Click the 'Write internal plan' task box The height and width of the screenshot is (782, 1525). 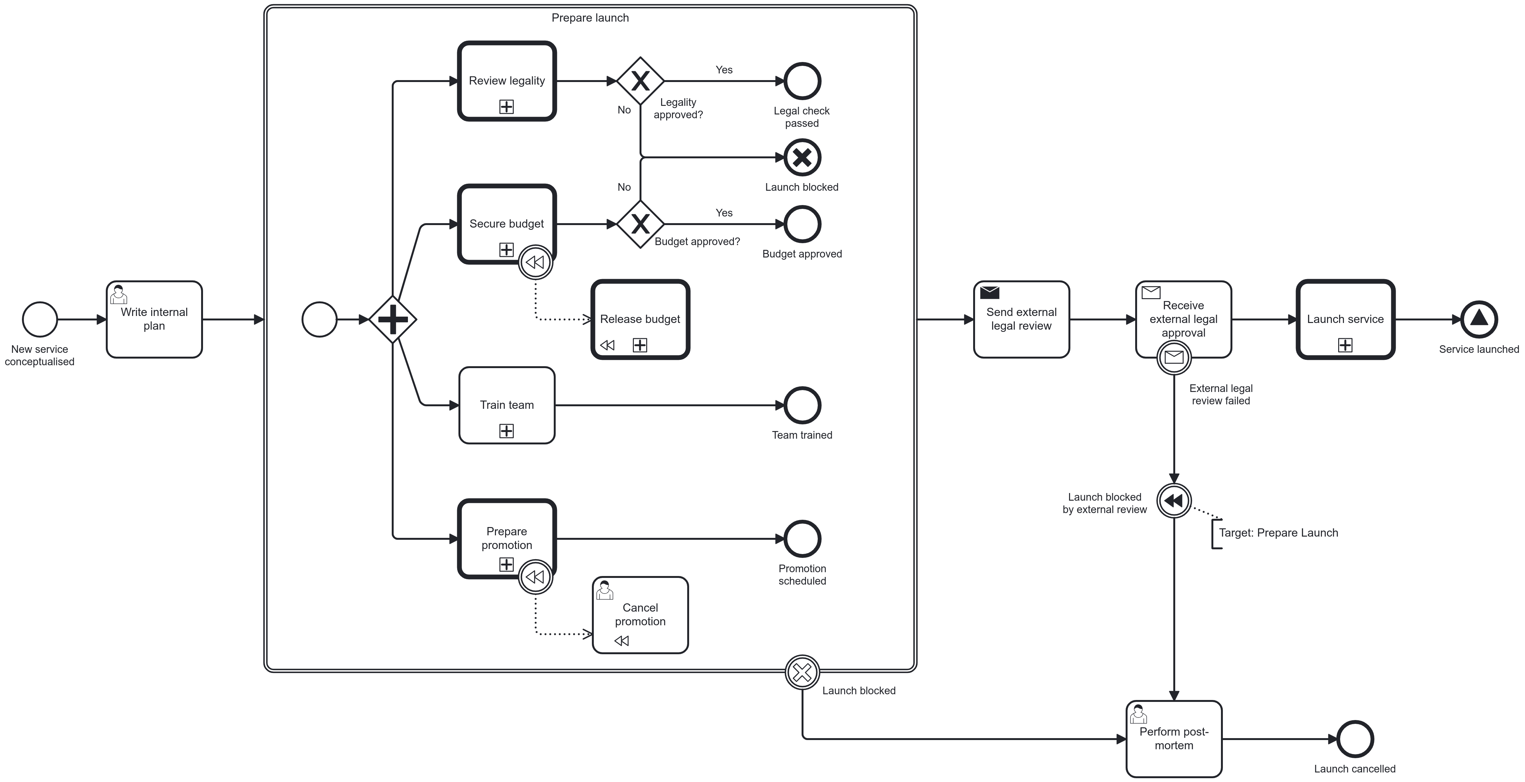tap(154, 319)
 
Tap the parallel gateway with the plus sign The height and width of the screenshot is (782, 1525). tap(392, 319)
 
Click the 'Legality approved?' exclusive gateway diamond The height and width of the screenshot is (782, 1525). tap(640, 81)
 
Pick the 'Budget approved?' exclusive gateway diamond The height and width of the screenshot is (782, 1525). tap(640, 224)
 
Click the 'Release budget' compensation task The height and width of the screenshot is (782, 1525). tap(640, 319)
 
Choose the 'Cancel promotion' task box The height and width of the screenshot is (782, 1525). tap(640, 615)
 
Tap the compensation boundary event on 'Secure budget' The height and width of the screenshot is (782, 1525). tap(535, 262)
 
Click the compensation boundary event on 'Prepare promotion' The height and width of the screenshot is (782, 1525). tap(535, 576)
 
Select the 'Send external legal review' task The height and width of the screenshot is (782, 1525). tap(1021, 319)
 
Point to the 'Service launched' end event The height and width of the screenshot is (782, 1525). tap(1479, 319)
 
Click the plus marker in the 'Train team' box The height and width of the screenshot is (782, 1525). tap(506, 431)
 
